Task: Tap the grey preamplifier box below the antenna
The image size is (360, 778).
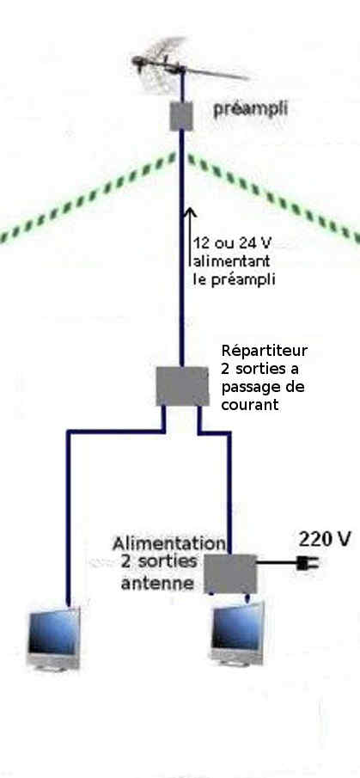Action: coord(181,116)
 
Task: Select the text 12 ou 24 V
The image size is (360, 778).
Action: coord(233,243)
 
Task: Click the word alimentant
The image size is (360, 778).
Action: coord(231,261)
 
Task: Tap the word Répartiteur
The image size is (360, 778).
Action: coord(265,352)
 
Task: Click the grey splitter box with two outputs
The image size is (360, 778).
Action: coord(182,386)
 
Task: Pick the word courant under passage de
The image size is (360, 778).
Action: coord(250,405)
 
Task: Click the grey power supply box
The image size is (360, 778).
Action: coord(230,573)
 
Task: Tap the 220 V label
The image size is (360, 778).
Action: coord(325,539)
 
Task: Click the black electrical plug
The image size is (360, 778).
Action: coord(307,563)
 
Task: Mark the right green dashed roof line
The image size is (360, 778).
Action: coord(273,198)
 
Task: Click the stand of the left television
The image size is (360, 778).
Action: coord(52,666)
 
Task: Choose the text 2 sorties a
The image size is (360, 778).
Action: coord(261,369)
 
